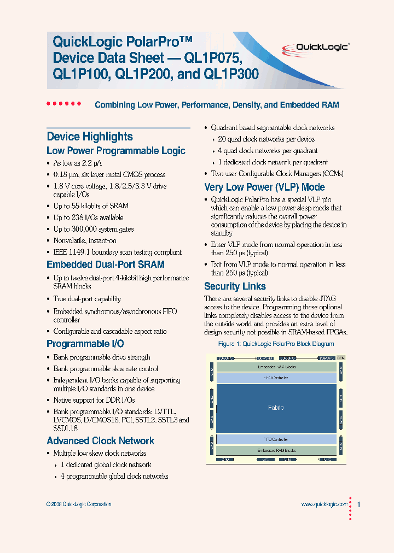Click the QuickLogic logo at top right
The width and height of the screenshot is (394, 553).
322,47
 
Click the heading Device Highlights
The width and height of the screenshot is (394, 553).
90,137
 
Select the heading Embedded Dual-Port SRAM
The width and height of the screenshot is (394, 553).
106,264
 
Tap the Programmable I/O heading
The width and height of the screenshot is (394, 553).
85,344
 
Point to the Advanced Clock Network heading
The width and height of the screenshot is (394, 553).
101,441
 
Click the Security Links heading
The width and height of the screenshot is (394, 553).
235,286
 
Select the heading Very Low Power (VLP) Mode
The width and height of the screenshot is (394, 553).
264,187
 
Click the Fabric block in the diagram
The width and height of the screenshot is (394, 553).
276,408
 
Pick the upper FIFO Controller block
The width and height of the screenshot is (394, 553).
276,378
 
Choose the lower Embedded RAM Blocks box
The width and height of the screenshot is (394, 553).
276,450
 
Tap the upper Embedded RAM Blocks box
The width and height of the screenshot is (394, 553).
276,367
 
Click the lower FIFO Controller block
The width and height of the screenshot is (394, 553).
276,439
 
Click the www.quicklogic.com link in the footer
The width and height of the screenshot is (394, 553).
324,504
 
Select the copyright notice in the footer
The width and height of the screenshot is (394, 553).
79,504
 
